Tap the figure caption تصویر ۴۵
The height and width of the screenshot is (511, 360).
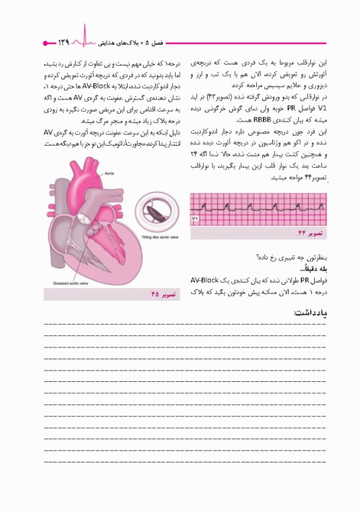coord(164,293)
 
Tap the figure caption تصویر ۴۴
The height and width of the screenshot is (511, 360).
coord(310,233)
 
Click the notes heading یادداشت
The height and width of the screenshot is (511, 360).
coord(310,313)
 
